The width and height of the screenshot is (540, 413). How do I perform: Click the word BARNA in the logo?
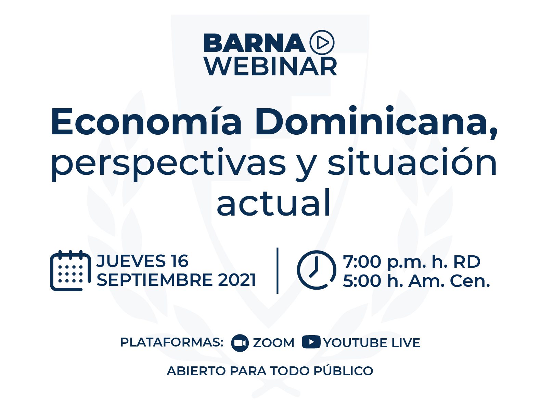pyautogui.click(x=254, y=43)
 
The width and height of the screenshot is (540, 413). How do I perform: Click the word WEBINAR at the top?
pyautogui.click(x=271, y=66)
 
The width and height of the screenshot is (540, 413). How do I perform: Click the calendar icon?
pyautogui.click(x=70, y=271)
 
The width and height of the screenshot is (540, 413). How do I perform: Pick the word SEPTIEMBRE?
pyautogui.click(x=155, y=280)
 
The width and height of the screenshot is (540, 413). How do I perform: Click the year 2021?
pyautogui.click(x=237, y=280)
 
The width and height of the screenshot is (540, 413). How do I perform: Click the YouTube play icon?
pyautogui.click(x=311, y=342)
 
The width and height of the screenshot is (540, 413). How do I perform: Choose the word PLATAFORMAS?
pyautogui.click(x=172, y=342)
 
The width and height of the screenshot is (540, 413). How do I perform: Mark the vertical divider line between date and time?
pyautogui.click(x=278, y=270)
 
